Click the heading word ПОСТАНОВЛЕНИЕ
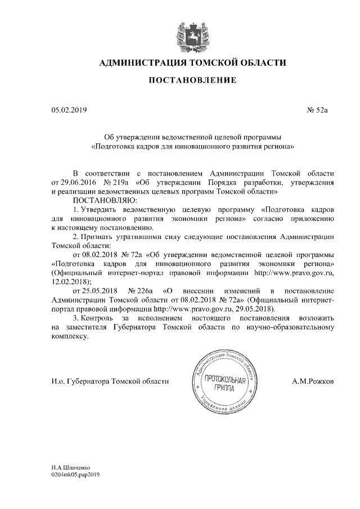pyautogui.click(x=192, y=81)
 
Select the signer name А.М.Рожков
pyautogui.click(x=313, y=381)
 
